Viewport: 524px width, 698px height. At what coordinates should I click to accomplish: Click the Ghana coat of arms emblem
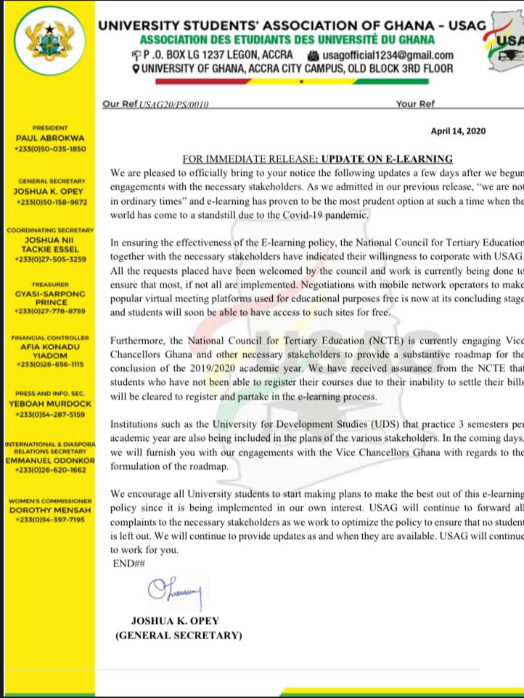(x=49, y=49)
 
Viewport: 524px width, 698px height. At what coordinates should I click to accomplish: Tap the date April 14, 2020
(x=459, y=131)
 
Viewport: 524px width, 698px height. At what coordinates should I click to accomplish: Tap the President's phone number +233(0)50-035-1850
(x=50, y=148)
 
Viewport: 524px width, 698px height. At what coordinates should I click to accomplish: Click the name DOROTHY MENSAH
(x=50, y=511)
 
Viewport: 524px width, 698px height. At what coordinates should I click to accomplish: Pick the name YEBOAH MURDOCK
(x=50, y=404)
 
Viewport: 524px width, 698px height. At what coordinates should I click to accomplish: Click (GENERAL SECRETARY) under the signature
(x=179, y=636)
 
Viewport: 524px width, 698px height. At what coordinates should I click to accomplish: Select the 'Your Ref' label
(x=415, y=104)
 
